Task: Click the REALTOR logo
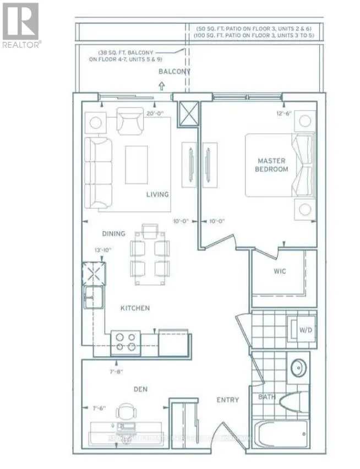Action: (20, 25)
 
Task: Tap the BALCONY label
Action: (174, 72)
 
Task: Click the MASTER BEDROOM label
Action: (272, 165)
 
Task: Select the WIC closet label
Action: (280, 272)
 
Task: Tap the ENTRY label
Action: (227, 400)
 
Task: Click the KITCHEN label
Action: (135, 308)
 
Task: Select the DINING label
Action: (113, 233)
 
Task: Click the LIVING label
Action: (157, 194)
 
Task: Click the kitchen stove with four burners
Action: (126, 341)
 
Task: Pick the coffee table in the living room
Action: (137, 164)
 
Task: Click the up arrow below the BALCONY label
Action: (161, 85)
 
